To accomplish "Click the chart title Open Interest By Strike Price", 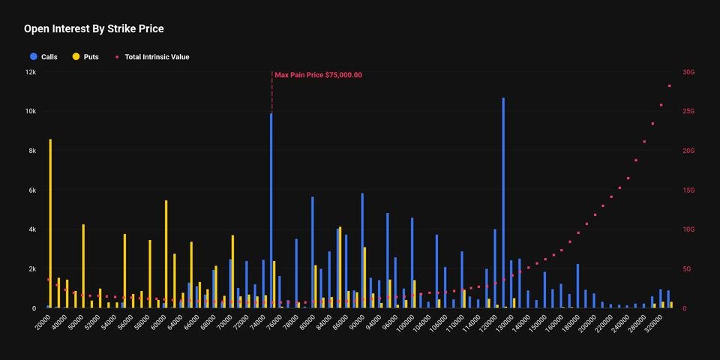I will click(94, 29).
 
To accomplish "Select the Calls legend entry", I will click(43, 57).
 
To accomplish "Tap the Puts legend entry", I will click(85, 57).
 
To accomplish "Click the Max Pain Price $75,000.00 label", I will click(318, 75).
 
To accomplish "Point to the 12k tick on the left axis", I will click(29, 72).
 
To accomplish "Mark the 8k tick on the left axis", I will click(31, 151).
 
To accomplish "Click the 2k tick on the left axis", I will click(31, 269).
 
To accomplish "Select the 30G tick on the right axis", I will click(688, 72).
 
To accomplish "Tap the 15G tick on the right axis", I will click(688, 190).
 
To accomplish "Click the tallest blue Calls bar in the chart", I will click(503, 202).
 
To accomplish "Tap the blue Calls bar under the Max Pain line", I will click(271, 210).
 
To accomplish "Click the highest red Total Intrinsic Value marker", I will click(669, 86).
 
